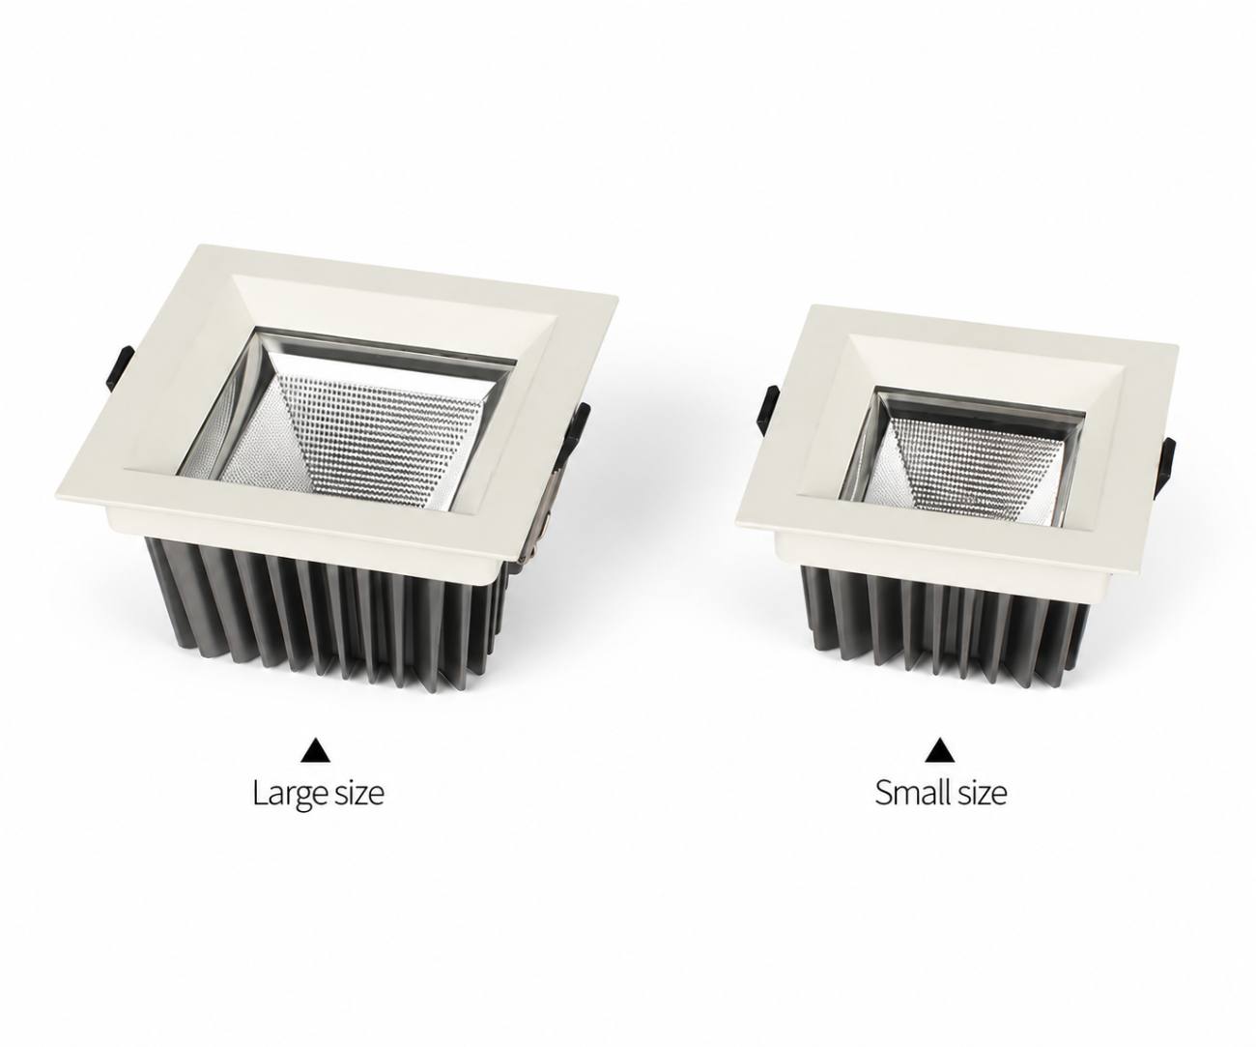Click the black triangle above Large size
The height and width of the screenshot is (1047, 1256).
coord(317,752)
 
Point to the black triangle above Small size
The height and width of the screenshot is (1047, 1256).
coord(940,751)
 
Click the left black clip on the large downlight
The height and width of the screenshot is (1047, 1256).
coord(119,367)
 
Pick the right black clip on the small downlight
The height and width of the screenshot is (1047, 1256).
coord(1166,462)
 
